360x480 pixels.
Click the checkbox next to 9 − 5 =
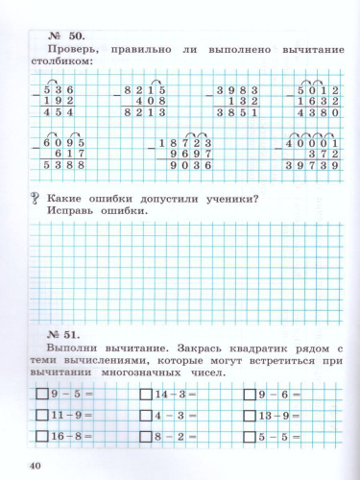click(40, 394)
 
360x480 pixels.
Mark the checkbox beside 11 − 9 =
click(40, 415)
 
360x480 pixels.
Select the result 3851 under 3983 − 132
click(240, 112)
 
